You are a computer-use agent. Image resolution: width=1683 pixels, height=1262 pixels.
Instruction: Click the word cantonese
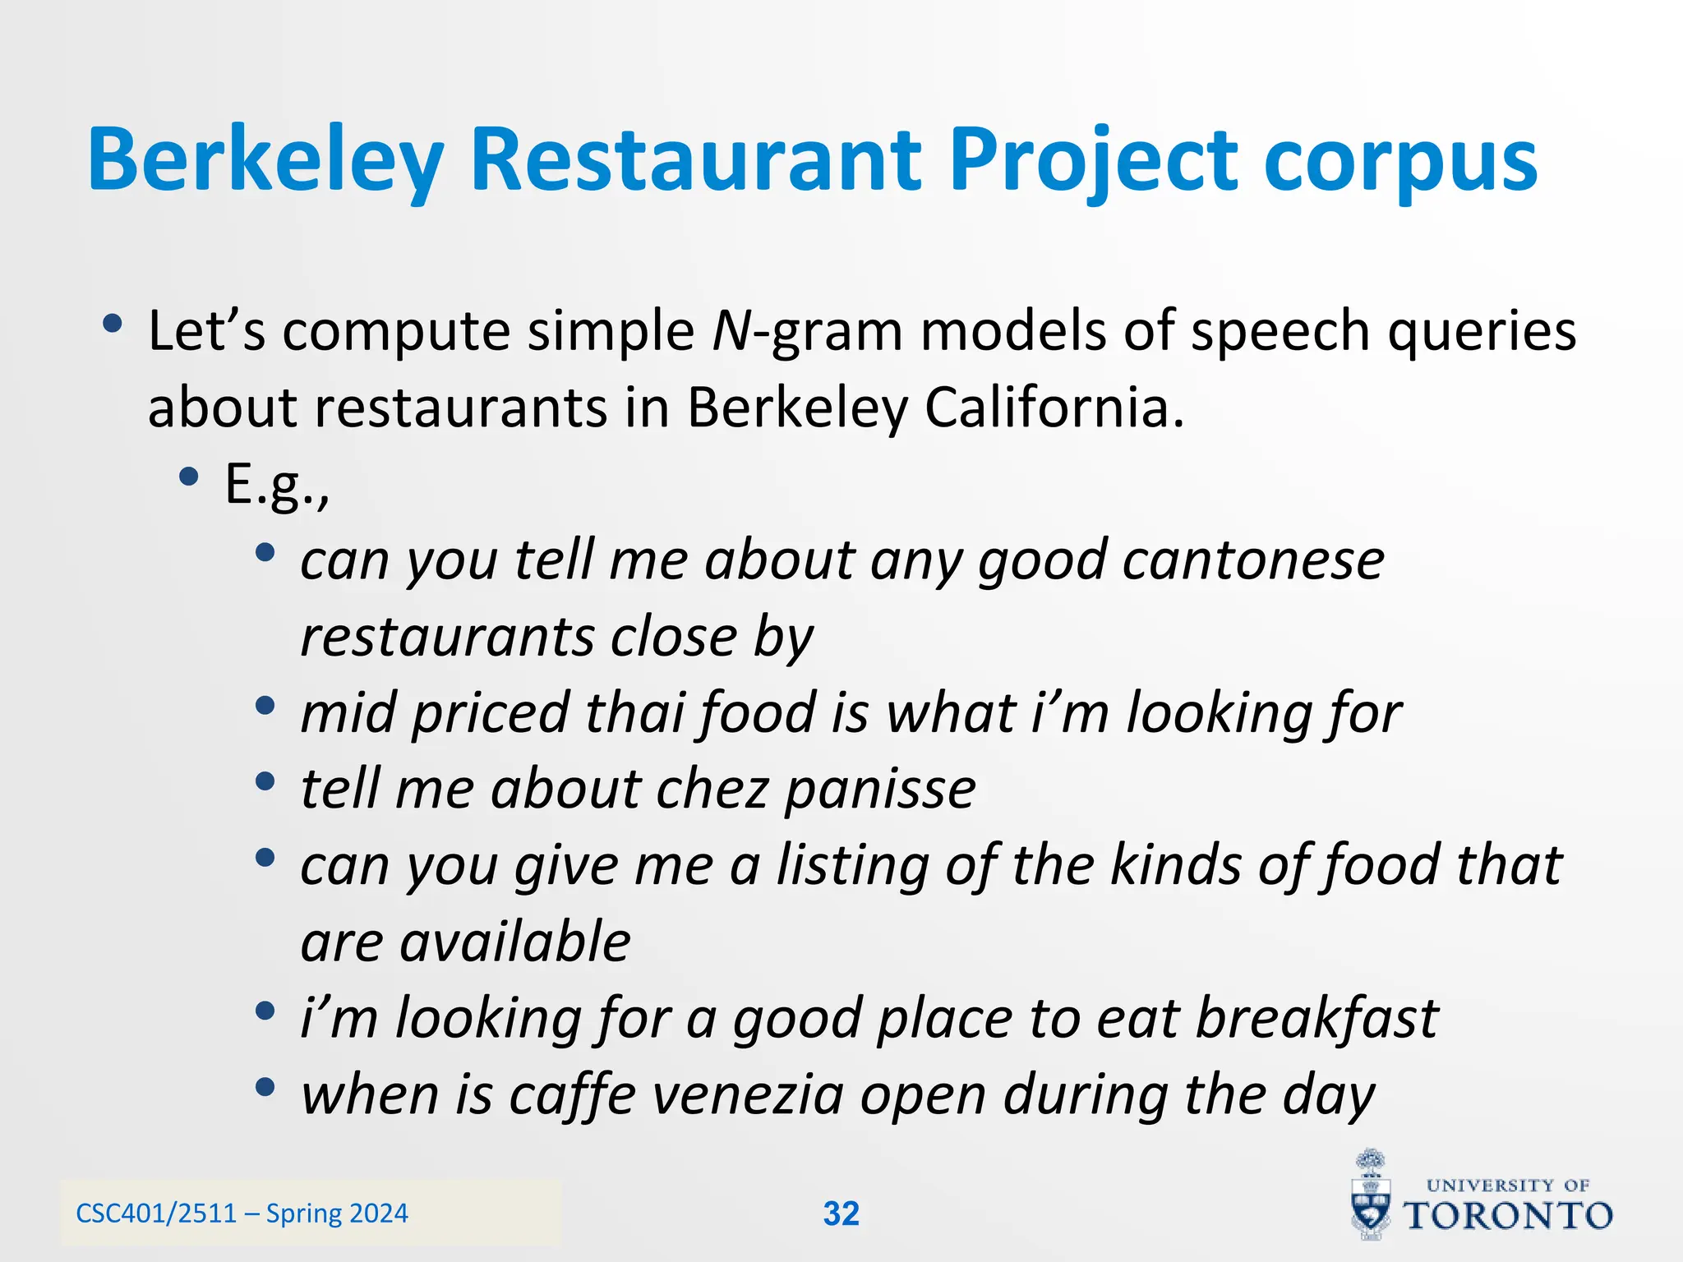pyautogui.click(x=1253, y=560)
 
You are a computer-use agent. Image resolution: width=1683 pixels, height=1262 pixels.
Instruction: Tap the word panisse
pyautogui.click(x=880, y=790)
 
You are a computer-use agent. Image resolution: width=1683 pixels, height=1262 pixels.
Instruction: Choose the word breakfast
pyautogui.click(x=1316, y=1019)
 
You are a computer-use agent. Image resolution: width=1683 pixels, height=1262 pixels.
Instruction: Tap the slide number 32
pyautogui.click(x=841, y=1214)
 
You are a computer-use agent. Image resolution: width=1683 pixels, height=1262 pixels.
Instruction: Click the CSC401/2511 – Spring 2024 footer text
pyautogui.click(x=242, y=1214)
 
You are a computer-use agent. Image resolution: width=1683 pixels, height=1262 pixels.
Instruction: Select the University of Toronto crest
pyautogui.click(x=1371, y=1195)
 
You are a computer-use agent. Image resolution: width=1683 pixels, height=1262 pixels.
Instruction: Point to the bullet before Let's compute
pyautogui.click(x=113, y=324)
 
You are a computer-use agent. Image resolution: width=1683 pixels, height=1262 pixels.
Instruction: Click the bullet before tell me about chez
pyautogui.click(x=264, y=781)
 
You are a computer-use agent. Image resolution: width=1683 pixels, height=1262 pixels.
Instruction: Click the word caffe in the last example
pyautogui.click(x=572, y=1095)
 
